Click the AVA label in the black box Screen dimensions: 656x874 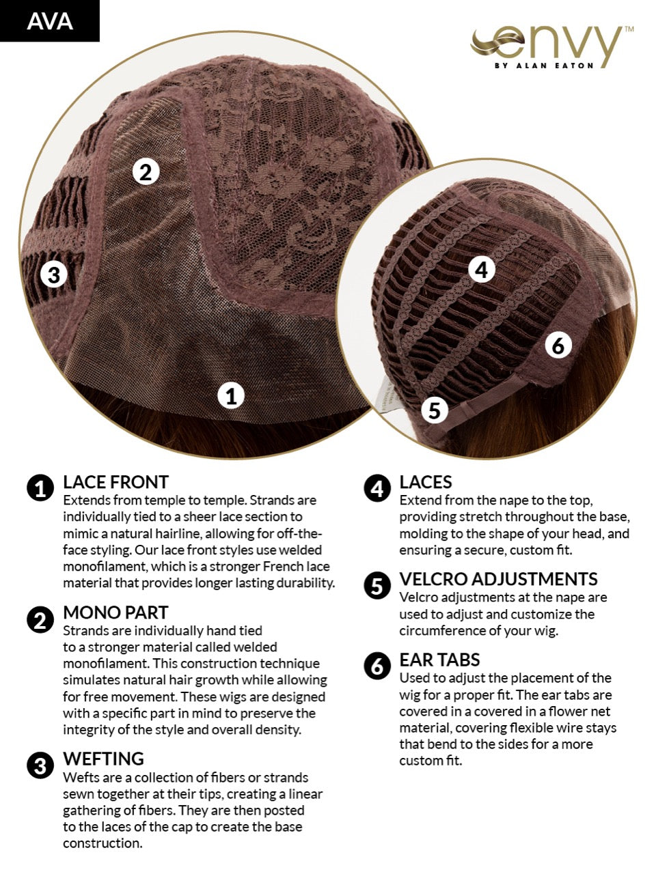click(x=50, y=21)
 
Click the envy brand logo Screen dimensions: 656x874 click(x=551, y=47)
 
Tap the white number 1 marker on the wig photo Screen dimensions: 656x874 click(x=231, y=396)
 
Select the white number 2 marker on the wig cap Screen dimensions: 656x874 click(x=146, y=171)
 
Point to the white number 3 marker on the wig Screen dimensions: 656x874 click(x=54, y=274)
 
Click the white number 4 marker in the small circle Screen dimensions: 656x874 click(x=482, y=269)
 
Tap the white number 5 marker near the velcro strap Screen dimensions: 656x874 click(x=435, y=410)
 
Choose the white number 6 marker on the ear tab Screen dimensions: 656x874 click(x=558, y=345)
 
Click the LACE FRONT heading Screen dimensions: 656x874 click(x=116, y=482)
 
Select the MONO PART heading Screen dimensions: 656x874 click(x=115, y=612)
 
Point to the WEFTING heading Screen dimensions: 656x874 click(x=104, y=759)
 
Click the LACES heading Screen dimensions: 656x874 click(x=426, y=482)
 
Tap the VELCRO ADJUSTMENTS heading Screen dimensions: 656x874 click(x=499, y=579)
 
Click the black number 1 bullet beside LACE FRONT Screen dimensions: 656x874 click(x=40, y=488)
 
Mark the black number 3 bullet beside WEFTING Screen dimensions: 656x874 click(x=40, y=765)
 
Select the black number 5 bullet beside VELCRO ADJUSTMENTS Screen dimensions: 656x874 click(x=377, y=585)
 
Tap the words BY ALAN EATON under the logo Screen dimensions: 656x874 click(x=544, y=66)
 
